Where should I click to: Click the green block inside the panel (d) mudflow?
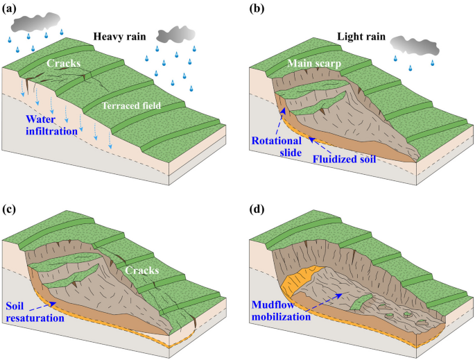click(359, 303)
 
